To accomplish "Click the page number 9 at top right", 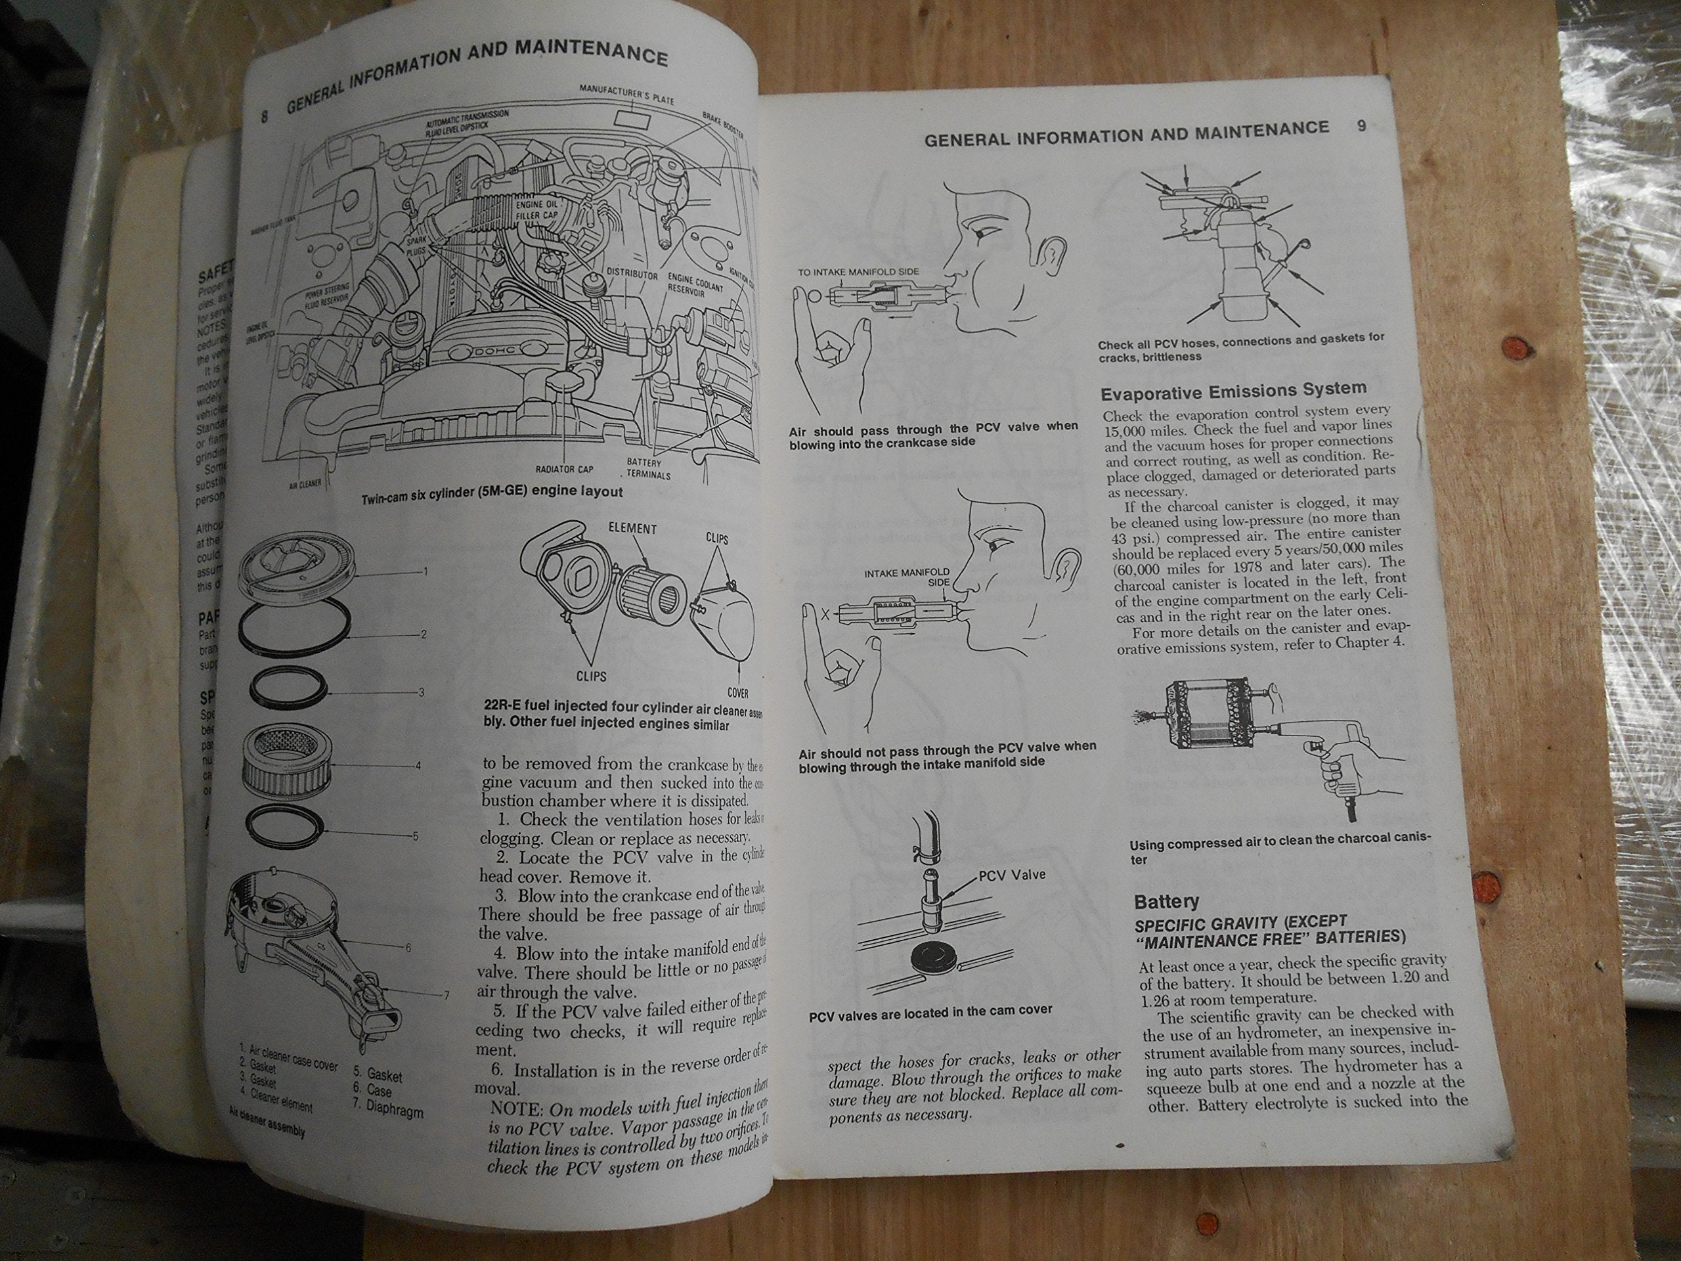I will click(1362, 126).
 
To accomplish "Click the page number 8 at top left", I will click(265, 116).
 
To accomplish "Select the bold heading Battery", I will click(1166, 902).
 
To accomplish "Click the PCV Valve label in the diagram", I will click(1011, 875).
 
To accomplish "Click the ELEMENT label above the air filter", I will click(632, 529).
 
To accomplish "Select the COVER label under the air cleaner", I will click(738, 692).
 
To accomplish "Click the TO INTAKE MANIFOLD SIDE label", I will click(858, 271).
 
